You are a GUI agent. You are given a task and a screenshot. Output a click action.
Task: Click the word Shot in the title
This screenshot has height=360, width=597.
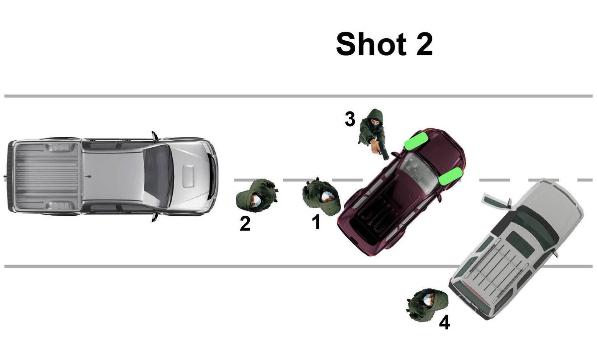[371, 44]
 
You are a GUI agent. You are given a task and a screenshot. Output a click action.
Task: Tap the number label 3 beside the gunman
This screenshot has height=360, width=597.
[350, 119]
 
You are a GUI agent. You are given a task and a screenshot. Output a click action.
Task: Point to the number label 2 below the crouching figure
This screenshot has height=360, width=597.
[245, 224]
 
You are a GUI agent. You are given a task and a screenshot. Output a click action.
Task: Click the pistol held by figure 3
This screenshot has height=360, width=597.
[384, 151]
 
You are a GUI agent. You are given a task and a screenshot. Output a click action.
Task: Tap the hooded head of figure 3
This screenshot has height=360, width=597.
[375, 119]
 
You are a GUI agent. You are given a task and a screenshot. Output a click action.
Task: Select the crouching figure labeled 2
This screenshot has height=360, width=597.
[257, 195]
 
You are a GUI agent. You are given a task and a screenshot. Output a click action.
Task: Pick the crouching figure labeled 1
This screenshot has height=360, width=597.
[321, 196]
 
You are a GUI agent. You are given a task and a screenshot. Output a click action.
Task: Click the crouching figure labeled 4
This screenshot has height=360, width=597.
[427, 305]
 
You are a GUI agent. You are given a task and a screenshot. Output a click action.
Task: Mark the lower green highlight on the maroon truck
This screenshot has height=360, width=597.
[450, 176]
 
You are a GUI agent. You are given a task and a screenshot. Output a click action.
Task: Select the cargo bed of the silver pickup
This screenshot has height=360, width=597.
[47, 176]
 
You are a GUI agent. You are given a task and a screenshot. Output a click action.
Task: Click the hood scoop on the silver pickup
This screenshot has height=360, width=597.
[189, 176]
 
